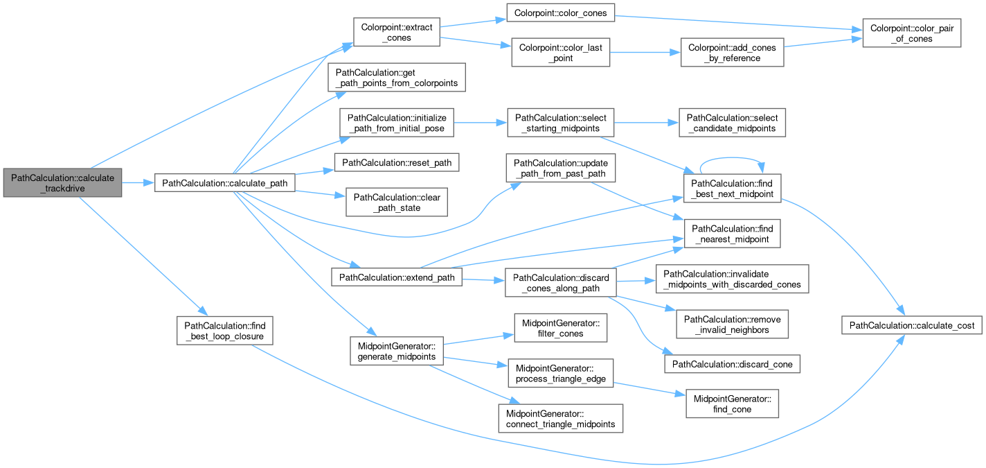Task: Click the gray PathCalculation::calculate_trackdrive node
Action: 62,182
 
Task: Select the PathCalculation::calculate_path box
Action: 226,182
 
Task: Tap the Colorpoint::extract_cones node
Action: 396,32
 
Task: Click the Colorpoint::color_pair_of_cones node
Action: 911,33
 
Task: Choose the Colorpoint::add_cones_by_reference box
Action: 733,52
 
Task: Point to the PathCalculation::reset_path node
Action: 397,162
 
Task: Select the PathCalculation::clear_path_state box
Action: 397,202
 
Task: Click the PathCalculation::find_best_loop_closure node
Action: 225,330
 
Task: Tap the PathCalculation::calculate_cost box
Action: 911,324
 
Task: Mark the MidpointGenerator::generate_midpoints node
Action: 396,350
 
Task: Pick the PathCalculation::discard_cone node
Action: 733,363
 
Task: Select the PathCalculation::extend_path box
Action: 397,277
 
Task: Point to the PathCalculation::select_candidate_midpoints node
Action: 733,123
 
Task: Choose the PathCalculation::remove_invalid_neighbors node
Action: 733,324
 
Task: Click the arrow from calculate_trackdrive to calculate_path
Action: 138,182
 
